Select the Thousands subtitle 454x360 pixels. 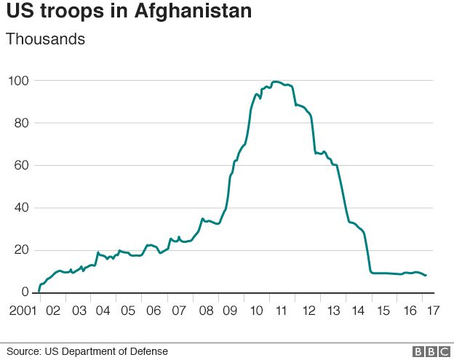[x=45, y=39]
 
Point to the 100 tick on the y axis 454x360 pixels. [x=19, y=80]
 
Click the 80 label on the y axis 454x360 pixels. [x=22, y=123]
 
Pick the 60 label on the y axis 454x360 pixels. [x=22, y=165]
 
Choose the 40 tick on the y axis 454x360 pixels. [x=22, y=208]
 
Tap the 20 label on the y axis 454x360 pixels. [x=22, y=250]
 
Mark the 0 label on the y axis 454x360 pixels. [x=25, y=292]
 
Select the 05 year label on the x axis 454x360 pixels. [x=128, y=311]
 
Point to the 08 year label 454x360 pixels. [x=205, y=311]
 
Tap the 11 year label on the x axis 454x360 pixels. [x=282, y=311]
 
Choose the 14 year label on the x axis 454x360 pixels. [x=358, y=311]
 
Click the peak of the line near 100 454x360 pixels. [x=276, y=81]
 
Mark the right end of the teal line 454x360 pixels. [x=426, y=276]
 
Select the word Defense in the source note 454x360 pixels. [x=149, y=352]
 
